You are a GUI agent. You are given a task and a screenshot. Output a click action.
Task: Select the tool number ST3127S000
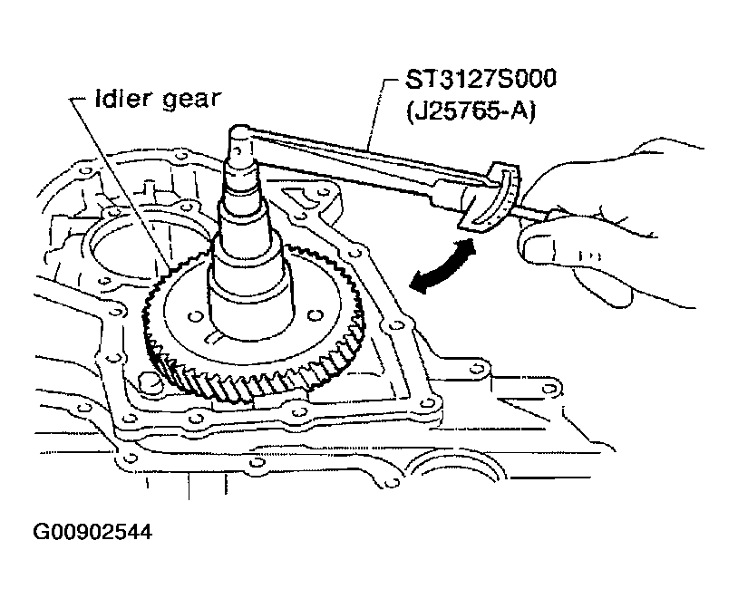(481, 79)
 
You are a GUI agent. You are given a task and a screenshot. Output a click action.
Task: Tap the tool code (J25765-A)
(471, 113)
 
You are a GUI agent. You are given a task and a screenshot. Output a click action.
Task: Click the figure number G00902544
(92, 532)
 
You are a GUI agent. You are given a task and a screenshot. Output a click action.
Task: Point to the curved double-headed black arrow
(442, 266)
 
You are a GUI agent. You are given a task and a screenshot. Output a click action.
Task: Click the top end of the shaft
(240, 130)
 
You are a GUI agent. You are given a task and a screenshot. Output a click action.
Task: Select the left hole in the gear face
(193, 316)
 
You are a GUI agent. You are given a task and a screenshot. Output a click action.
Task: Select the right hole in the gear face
(316, 315)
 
